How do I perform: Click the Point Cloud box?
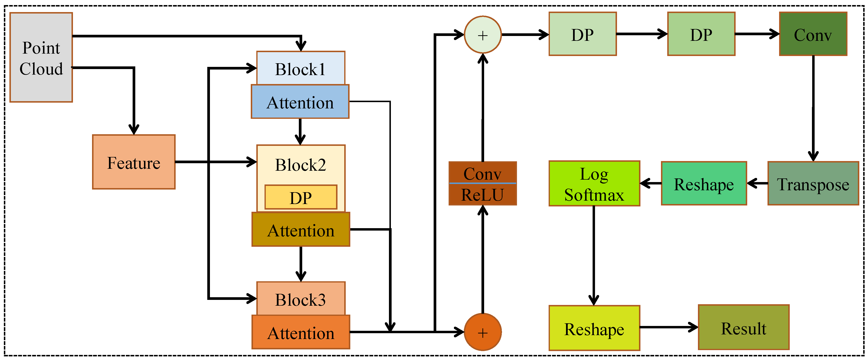point(41,57)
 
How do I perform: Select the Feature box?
point(134,162)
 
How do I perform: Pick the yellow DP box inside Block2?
point(301,197)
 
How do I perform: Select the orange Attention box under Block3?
point(301,332)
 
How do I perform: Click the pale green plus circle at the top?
point(482,35)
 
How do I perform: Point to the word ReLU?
point(482,195)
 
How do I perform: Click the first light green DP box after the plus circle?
point(582,34)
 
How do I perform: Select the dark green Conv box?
point(813,34)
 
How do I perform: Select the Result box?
point(743,327)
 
